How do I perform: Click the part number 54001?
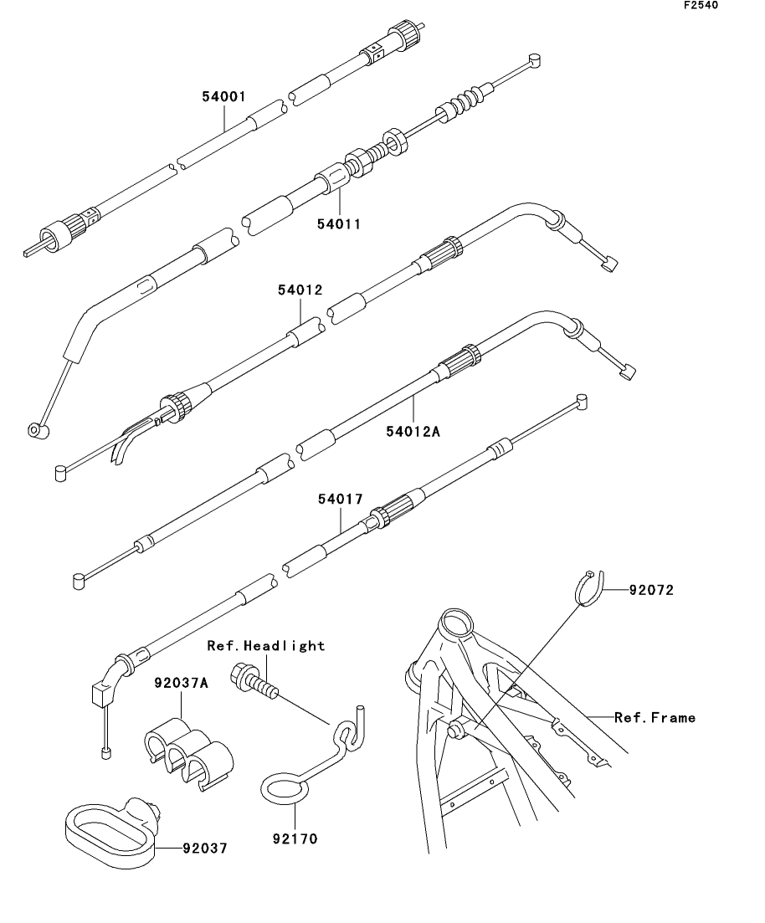tap(223, 97)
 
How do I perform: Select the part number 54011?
tap(339, 223)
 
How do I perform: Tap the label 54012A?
tap(413, 432)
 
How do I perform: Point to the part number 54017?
tap(340, 500)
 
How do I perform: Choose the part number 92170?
tap(295, 837)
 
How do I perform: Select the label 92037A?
tap(181, 682)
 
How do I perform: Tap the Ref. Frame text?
tap(655, 717)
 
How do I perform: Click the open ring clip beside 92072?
tap(589, 587)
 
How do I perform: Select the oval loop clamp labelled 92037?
tap(113, 828)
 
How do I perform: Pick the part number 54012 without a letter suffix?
tap(300, 290)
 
